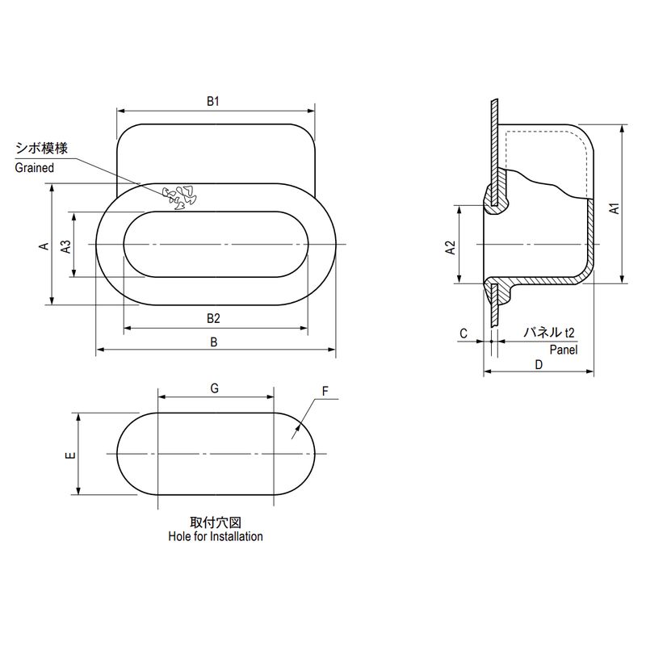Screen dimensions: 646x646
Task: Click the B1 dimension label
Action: pyautogui.click(x=213, y=101)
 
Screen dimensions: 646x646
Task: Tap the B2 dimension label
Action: pyautogui.click(x=213, y=318)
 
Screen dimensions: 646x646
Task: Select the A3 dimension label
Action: pyautogui.click(x=66, y=246)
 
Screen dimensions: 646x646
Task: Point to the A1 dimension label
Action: pyautogui.click(x=615, y=208)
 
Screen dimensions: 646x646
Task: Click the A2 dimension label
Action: pyautogui.click(x=451, y=248)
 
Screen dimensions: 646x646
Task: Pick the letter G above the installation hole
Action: pyautogui.click(x=214, y=388)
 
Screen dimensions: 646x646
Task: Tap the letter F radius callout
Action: pyautogui.click(x=325, y=391)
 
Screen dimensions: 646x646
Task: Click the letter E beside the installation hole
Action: pyautogui.click(x=70, y=455)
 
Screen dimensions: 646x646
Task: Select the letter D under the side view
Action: pyautogui.click(x=539, y=365)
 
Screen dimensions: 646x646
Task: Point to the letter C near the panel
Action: pyautogui.click(x=464, y=333)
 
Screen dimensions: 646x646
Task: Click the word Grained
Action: pyautogui.click(x=35, y=168)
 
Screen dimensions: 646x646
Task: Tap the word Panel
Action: pyautogui.click(x=563, y=350)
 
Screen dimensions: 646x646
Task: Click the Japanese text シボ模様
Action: pyautogui.click(x=42, y=149)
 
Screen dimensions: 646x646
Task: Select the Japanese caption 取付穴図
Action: pyautogui.click(x=216, y=522)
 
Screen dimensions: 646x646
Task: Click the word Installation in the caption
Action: pyautogui.click(x=237, y=536)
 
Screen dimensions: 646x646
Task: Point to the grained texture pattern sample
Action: pyautogui.click(x=179, y=197)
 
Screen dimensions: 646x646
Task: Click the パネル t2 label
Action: pyautogui.click(x=548, y=332)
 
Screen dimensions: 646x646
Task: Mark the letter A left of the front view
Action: pyautogui.click(x=44, y=246)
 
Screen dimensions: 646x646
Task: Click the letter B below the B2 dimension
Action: pyautogui.click(x=213, y=342)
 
